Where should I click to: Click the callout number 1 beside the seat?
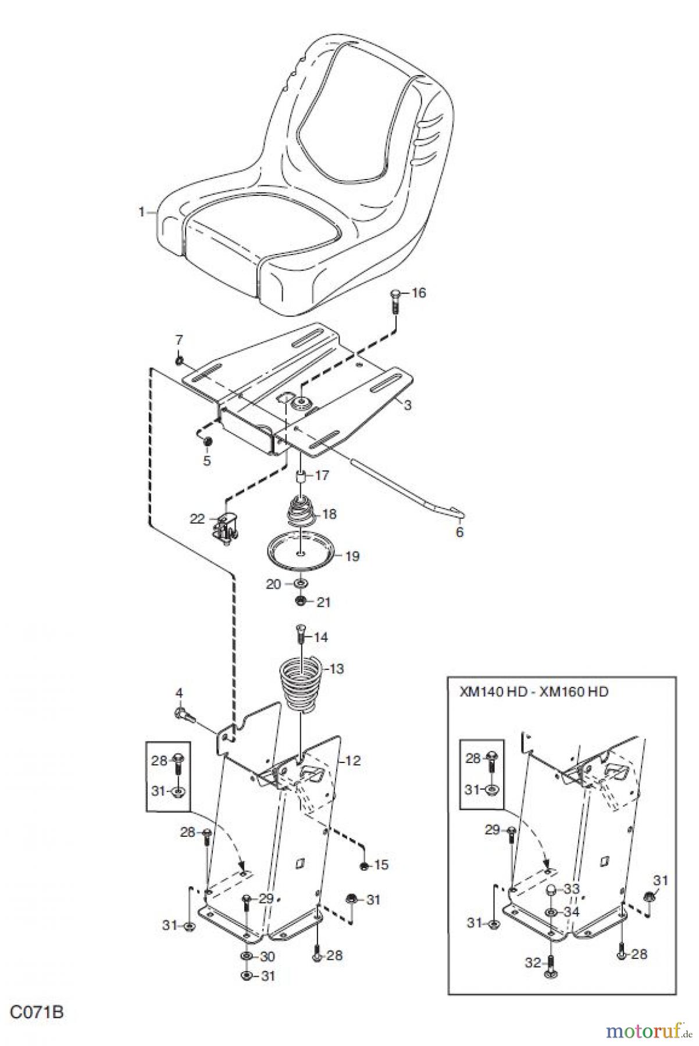pyautogui.click(x=141, y=212)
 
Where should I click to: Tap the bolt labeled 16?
pyautogui.click(x=394, y=301)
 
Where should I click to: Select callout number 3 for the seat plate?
pyautogui.click(x=408, y=406)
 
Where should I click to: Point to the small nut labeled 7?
pyautogui.click(x=180, y=361)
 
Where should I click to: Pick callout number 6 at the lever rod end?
pyautogui.click(x=459, y=532)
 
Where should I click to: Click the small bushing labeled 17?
pyautogui.click(x=302, y=477)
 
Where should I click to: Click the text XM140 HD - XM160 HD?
pyautogui.click(x=533, y=692)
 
